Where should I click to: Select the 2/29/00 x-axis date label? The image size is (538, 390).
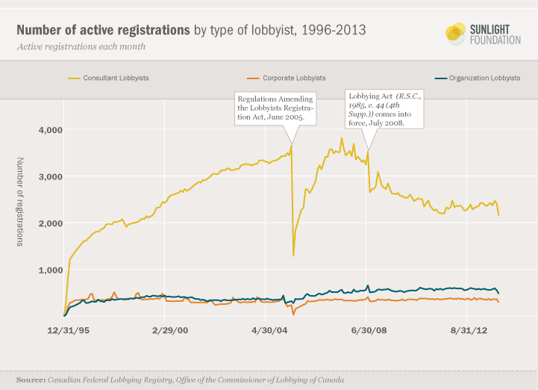pos(170,329)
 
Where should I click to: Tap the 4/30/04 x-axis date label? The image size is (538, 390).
pos(269,329)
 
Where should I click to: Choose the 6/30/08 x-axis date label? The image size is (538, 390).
pos(366,329)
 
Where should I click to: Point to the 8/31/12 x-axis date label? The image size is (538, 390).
pos(467,329)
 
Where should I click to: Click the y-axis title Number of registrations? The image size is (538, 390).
pos(20,201)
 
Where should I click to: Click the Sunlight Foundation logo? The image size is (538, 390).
pos(483,34)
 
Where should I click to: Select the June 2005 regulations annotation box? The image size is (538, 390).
pos(275,109)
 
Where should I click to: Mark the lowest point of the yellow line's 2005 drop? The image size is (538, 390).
pos(293,256)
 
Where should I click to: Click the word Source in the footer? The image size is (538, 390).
pos(29,380)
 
